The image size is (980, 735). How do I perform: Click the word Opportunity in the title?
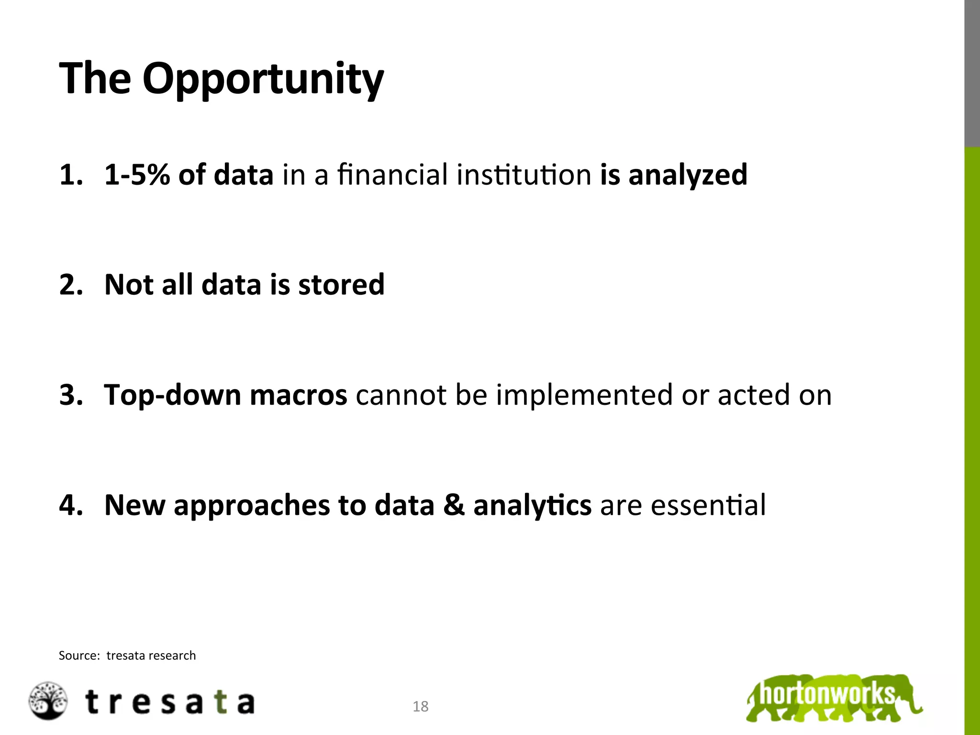click(263, 79)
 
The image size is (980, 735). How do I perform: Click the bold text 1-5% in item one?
click(137, 175)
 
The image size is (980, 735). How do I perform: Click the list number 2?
click(70, 285)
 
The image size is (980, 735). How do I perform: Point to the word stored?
click(341, 285)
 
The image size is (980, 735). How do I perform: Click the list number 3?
click(70, 395)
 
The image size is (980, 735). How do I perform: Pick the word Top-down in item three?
click(172, 395)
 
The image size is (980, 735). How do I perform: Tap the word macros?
click(298, 395)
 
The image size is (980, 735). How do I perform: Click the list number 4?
click(70, 505)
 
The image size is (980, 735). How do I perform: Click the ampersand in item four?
click(454, 505)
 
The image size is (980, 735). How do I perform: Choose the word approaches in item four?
click(252, 506)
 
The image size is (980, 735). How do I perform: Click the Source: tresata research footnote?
click(127, 656)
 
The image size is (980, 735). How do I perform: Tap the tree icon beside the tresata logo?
click(48, 701)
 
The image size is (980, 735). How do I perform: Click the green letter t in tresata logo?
click(220, 702)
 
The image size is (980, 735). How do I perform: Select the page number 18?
click(421, 706)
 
